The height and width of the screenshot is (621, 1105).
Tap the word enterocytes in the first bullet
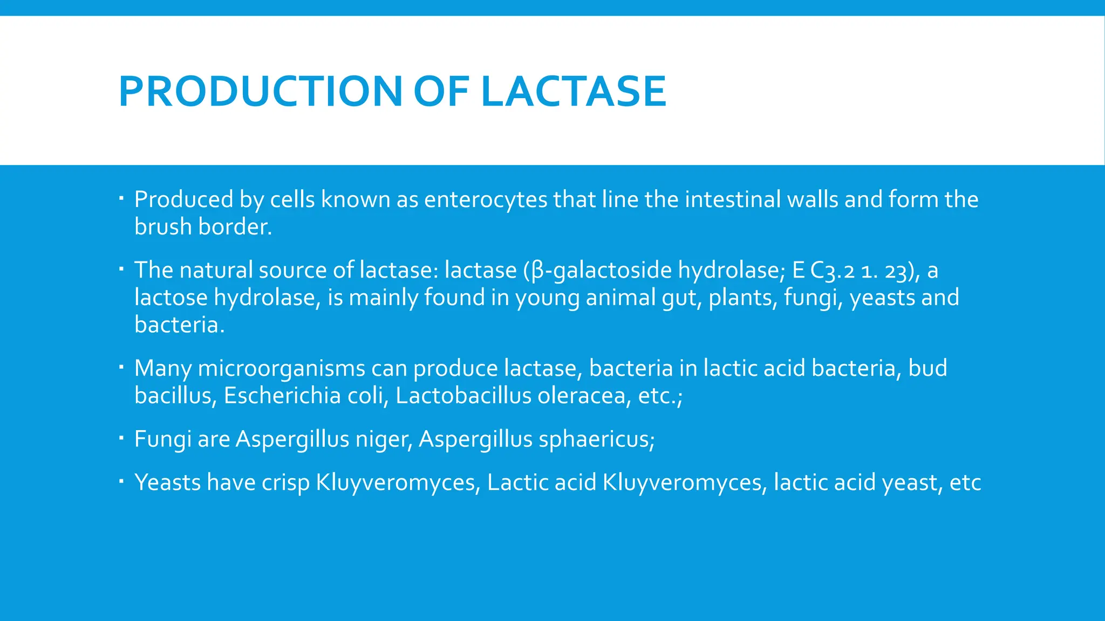(x=486, y=199)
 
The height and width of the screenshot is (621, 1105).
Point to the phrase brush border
(x=203, y=227)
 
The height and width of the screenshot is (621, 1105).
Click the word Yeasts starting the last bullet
(x=167, y=482)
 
